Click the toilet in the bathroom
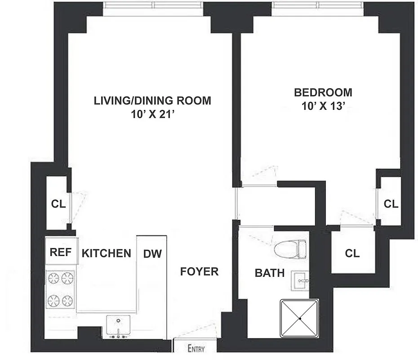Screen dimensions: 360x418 pyautogui.click(x=290, y=249)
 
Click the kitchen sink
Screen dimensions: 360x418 pyautogui.click(x=118, y=326)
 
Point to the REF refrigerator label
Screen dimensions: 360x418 pyautogui.click(x=61, y=252)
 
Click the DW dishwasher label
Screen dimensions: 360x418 pyautogui.click(x=152, y=253)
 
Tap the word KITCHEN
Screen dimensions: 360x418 pyautogui.click(x=107, y=253)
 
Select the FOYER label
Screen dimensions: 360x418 pyautogui.click(x=199, y=271)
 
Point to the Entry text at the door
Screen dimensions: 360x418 pyautogui.click(x=196, y=348)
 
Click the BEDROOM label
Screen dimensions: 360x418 pyautogui.click(x=323, y=93)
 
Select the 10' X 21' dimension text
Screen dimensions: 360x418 pyautogui.click(x=152, y=114)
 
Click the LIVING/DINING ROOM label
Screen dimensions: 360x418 pyautogui.click(x=152, y=100)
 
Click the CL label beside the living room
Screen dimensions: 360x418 pyautogui.click(x=58, y=204)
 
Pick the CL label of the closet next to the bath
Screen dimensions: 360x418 pyautogui.click(x=352, y=253)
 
